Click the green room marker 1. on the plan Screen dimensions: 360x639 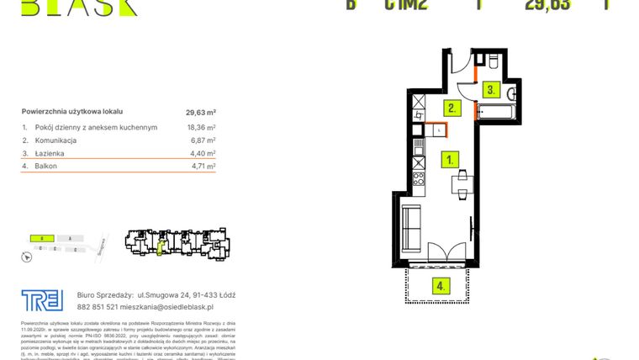coord(452,158)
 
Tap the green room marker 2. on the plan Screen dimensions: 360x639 coord(452,108)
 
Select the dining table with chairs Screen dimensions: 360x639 coord(461,183)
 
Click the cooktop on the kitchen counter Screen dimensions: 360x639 coord(418,176)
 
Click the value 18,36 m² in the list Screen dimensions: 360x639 coord(200,127)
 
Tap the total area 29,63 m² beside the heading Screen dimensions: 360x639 coord(201,111)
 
